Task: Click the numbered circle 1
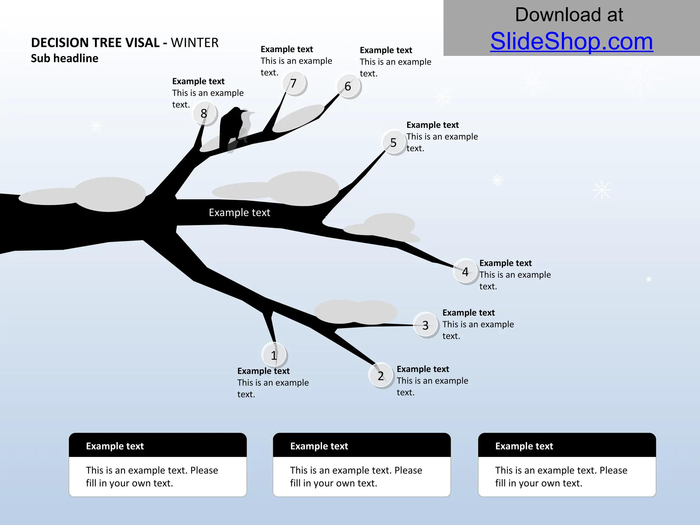[x=274, y=355]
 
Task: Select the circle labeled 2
[x=381, y=376]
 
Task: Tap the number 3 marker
[x=426, y=325]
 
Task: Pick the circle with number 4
[x=465, y=272]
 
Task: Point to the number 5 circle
[x=393, y=143]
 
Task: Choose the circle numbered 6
[x=348, y=86]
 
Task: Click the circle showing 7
[x=294, y=83]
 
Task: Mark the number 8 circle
[x=204, y=113]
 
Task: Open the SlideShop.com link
[x=571, y=41]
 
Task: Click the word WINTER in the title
[x=194, y=43]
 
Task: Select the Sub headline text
[x=65, y=58]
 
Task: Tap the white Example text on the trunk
[x=239, y=213]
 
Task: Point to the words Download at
[x=569, y=15]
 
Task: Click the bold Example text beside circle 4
[x=505, y=263]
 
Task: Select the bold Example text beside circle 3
[x=468, y=313]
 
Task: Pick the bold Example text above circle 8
[x=198, y=81]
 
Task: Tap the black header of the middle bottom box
[x=362, y=446]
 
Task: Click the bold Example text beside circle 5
[x=432, y=125]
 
